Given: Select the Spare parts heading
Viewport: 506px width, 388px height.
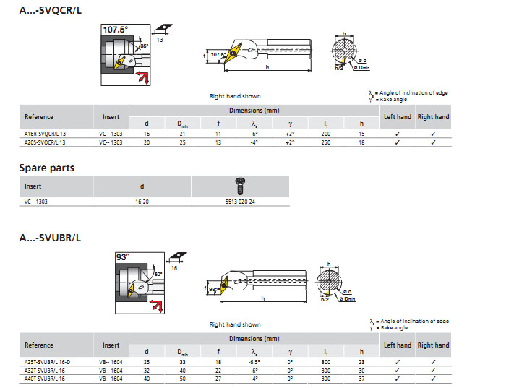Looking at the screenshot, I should pos(46,168).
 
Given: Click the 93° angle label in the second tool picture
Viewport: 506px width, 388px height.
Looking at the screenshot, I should pos(122,256).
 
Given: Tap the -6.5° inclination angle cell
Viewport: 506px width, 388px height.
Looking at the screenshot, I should pos(254,361).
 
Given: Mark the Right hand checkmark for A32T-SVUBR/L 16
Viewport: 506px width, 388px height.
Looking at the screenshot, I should pos(433,370).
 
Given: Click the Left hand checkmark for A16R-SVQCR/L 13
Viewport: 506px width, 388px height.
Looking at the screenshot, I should pos(398,134).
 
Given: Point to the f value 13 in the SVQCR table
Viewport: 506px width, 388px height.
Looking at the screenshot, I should pos(218,142).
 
